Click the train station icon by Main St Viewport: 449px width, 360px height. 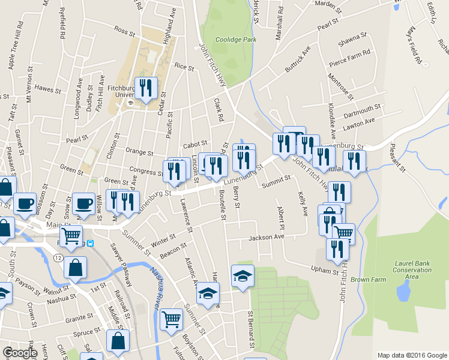[91, 243]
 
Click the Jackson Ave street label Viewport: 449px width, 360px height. [266, 238]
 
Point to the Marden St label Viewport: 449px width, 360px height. [328, 7]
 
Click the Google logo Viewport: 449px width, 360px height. [20, 353]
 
